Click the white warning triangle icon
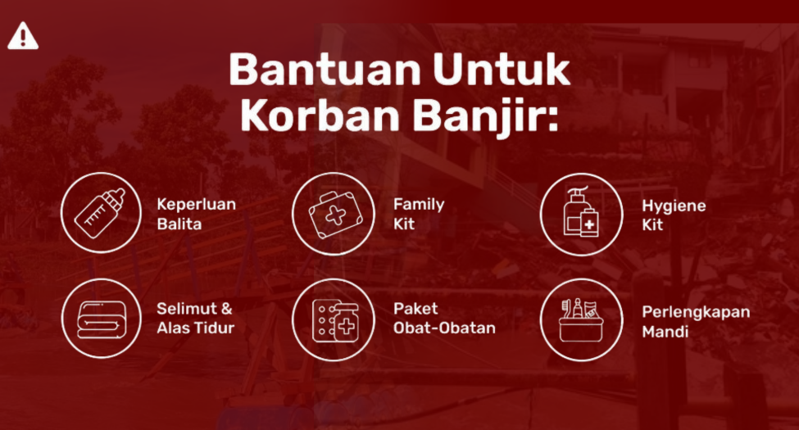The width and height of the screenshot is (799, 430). [23, 36]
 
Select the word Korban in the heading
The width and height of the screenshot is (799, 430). [320, 116]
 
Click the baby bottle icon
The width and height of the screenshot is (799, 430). [100, 213]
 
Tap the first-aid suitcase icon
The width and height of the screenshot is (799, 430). [335, 215]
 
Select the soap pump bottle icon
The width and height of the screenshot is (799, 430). [581, 212]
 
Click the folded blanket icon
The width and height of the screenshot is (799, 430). [102, 319]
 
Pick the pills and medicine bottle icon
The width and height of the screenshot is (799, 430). [335, 321]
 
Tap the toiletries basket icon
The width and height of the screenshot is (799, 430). [580, 320]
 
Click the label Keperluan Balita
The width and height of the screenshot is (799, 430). [196, 214]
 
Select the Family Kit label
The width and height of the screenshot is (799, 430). [419, 214]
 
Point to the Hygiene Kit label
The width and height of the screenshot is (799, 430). [674, 215]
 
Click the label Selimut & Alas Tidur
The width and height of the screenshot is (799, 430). [196, 318]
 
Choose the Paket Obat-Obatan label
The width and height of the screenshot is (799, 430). [444, 318]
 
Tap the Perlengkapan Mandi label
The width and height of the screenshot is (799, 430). [696, 322]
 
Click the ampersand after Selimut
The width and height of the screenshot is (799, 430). [226, 309]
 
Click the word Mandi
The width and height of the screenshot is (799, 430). [665, 332]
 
